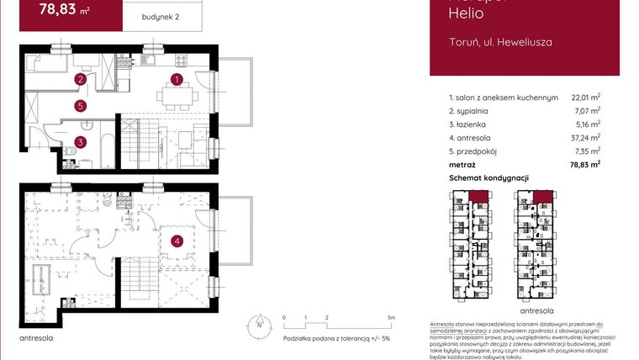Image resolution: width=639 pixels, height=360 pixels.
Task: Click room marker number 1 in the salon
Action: click(177, 80)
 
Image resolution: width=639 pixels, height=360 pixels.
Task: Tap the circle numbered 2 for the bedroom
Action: click(80, 80)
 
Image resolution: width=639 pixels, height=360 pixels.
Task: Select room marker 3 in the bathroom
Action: click(79, 142)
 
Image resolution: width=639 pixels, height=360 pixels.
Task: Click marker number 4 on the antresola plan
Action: click(177, 242)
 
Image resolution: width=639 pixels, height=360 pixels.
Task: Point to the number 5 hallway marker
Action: click(79, 106)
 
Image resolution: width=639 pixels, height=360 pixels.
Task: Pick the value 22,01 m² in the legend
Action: click(585, 98)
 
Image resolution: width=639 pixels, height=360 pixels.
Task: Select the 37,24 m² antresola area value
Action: click(585, 138)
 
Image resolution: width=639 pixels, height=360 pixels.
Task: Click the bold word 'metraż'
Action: click(462, 165)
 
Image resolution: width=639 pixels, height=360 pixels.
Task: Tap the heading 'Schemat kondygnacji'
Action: click(488, 178)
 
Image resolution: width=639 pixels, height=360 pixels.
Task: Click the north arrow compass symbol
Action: click(261, 325)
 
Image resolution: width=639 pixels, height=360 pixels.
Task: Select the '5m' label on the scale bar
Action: click(392, 318)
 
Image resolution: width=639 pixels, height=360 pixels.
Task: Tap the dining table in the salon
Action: click(177, 96)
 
